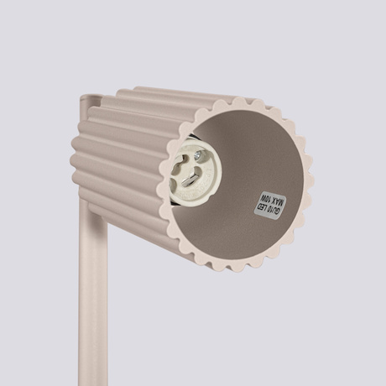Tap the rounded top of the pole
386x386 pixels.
pos(87,104)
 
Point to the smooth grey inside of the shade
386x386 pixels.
pos(252,159)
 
